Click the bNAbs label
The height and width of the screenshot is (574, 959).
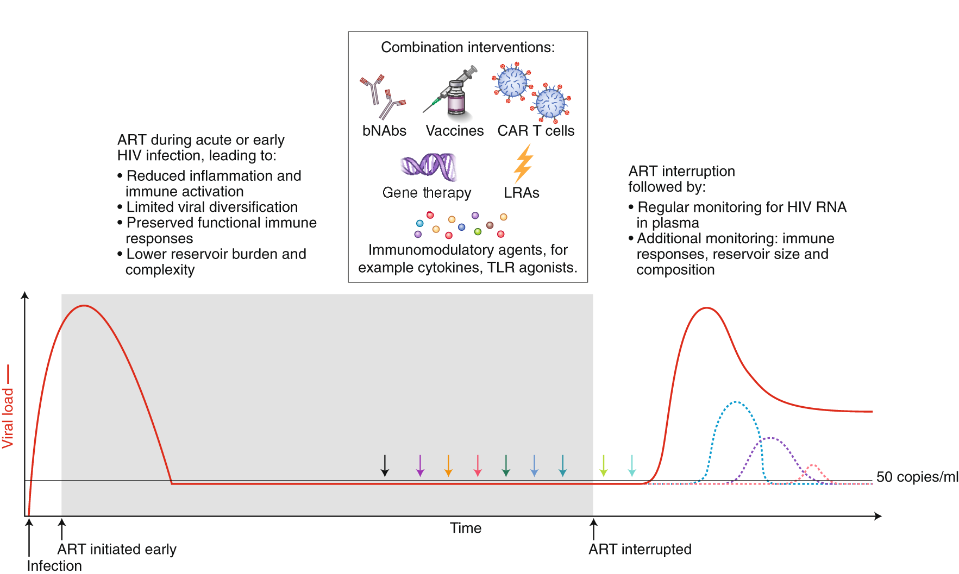click(x=384, y=131)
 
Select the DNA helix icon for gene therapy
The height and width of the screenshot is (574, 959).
click(x=428, y=166)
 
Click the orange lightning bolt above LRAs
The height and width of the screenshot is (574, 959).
click(x=523, y=163)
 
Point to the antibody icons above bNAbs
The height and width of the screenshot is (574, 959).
click(x=382, y=97)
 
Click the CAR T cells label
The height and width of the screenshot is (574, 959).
click(x=536, y=131)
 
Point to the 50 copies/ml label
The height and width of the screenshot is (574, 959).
click(x=917, y=477)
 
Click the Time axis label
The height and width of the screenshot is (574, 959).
click(x=466, y=528)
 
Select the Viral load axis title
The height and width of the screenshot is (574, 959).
click(x=8, y=418)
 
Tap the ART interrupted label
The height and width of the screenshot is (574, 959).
click(x=640, y=549)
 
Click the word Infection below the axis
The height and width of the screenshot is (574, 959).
click(x=54, y=565)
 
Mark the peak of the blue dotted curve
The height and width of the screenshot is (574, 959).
click(x=736, y=402)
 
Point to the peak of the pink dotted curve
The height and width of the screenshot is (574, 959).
click(x=812, y=465)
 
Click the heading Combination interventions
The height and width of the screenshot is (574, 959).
click(x=468, y=47)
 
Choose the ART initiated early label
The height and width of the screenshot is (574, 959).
click(x=117, y=549)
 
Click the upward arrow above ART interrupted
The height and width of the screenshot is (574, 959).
click(x=593, y=529)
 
